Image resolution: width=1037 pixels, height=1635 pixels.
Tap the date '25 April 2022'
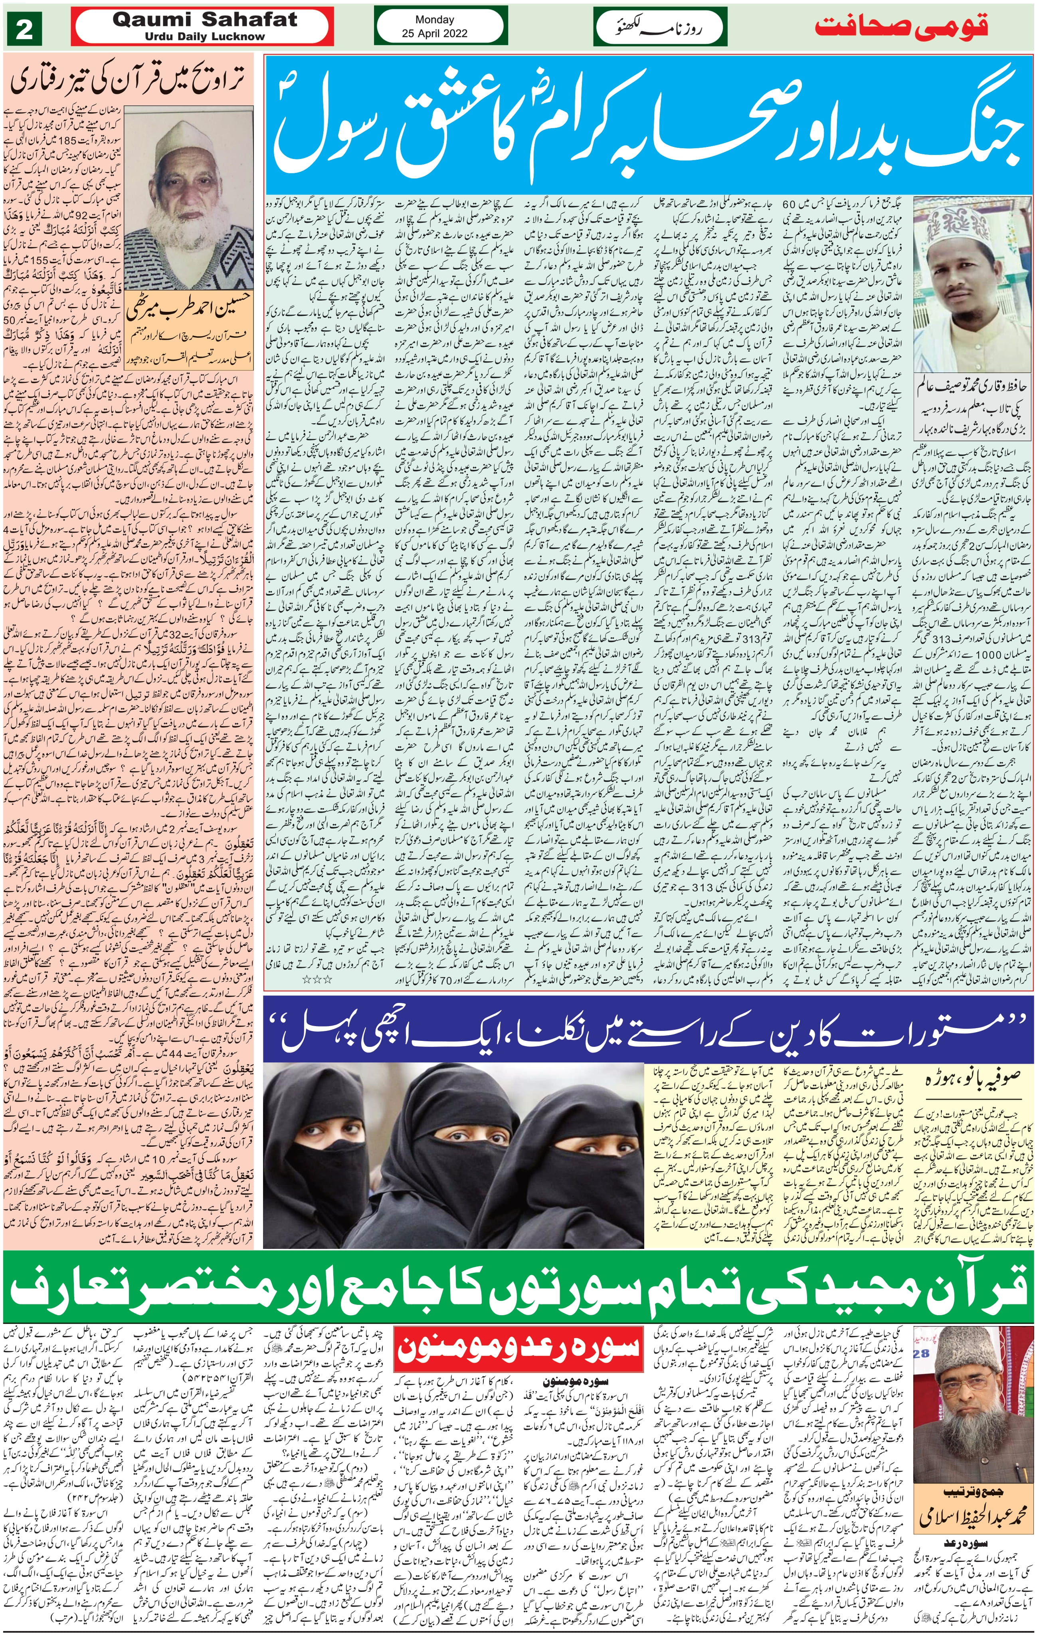[434, 33]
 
